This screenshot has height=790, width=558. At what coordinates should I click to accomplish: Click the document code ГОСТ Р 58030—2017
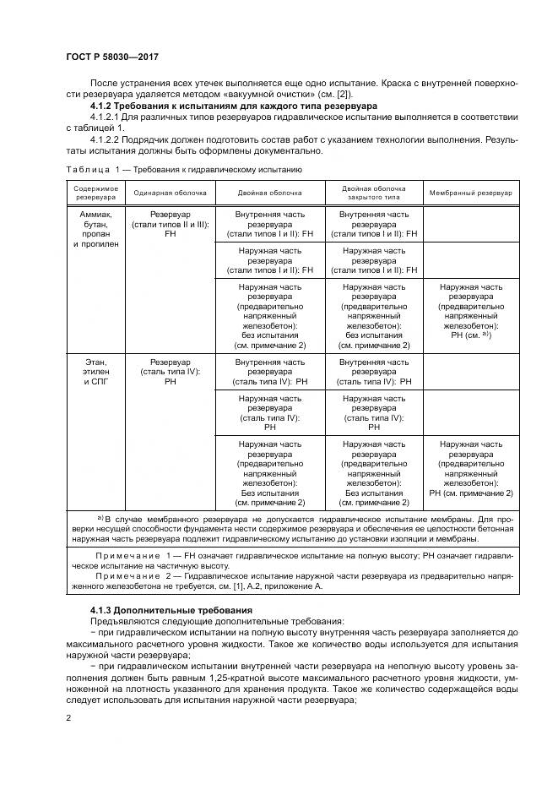[x=111, y=56]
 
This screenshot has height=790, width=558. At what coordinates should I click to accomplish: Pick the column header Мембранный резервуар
[x=470, y=193]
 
